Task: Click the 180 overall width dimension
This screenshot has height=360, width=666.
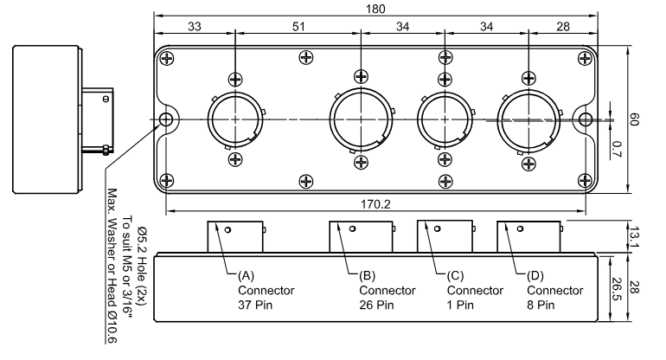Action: click(x=375, y=9)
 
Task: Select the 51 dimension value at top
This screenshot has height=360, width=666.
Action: click(x=298, y=26)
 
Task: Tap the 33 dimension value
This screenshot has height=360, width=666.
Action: click(x=195, y=26)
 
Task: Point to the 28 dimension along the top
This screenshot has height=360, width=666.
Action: click(x=563, y=26)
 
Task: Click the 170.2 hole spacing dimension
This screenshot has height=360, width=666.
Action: click(x=375, y=204)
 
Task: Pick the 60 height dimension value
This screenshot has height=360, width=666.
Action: click(x=633, y=119)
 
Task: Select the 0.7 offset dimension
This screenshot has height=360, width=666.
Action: click(x=617, y=149)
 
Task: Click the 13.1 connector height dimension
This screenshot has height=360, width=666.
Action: click(x=633, y=237)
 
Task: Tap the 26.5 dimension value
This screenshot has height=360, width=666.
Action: click(x=617, y=289)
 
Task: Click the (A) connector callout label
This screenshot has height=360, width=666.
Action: click(x=246, y=276)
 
